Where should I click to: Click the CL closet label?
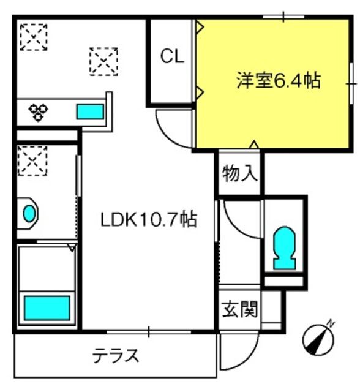[x=172, y=56]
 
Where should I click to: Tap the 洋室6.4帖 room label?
[x=279, y=80]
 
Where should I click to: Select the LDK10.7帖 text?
[x=149, y=219]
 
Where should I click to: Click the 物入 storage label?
[x=239, y=173]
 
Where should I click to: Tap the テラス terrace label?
[x=116, y=355]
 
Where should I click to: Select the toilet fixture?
[x=285, y=247]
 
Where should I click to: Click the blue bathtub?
[x=47, y=307]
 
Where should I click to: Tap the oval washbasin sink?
[x=29, y=213]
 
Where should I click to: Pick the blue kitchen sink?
[x=90, y=111]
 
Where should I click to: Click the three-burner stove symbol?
[x=38, y=111]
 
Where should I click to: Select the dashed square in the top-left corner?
[x=34, y=37]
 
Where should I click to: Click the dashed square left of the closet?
[x=103, y=61]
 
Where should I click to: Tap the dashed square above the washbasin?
[x=32, y=160]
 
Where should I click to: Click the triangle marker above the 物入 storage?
[x=254, y=145]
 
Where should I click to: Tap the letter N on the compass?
[x=331, y=324]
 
